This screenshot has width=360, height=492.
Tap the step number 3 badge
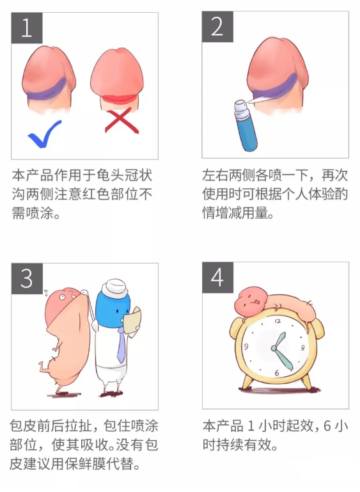click(x=27, y=278)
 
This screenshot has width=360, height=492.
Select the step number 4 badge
click(x=217, y=278)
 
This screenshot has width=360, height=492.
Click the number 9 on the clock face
click(x=246, y=346)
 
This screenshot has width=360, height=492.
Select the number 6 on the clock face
click(x=277, y=372)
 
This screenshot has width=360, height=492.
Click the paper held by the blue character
click(x=132, y=320)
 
